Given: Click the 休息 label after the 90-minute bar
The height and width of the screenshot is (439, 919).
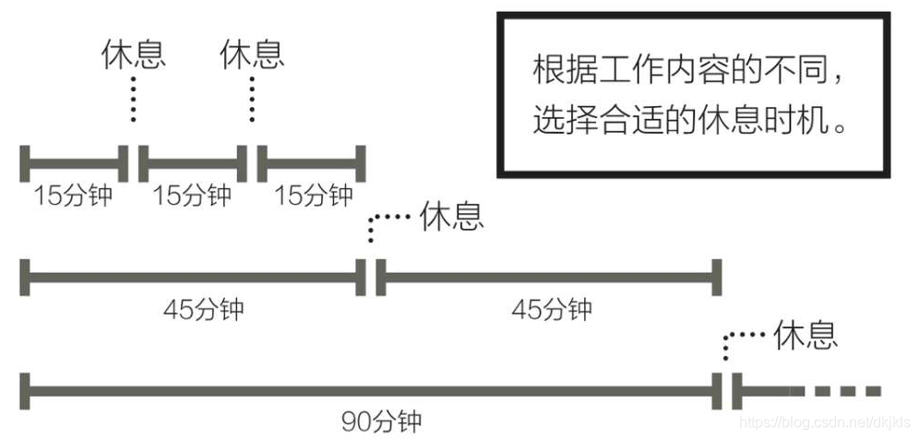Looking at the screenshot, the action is point(806,333).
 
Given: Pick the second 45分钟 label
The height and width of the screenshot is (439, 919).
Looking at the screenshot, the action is point(551,308).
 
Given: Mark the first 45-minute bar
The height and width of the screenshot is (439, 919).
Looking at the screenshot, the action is point(193,276).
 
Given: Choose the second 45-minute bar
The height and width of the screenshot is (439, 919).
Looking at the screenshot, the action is point(548,276).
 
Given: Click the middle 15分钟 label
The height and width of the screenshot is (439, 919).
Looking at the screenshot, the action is point(191,195).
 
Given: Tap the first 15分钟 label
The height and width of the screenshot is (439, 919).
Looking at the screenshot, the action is point(73,195).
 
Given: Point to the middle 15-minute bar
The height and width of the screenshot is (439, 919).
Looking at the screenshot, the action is point(193,163).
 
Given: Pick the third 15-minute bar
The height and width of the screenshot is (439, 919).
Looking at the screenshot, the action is point(312,163).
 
